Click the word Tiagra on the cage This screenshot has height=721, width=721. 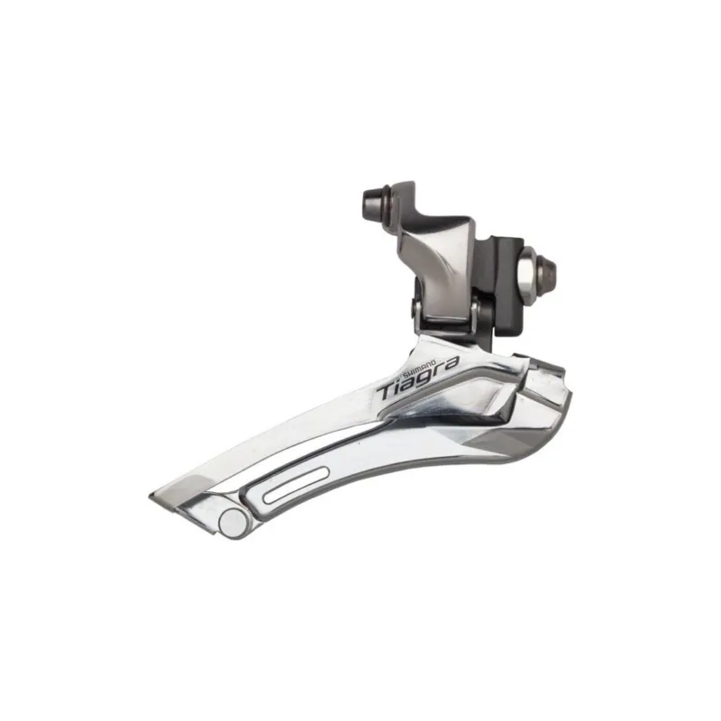[416, 378]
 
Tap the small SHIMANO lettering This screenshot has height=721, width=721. [419, 366]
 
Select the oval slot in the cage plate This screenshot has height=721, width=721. [296, 484]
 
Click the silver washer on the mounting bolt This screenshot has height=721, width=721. [527, 273]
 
